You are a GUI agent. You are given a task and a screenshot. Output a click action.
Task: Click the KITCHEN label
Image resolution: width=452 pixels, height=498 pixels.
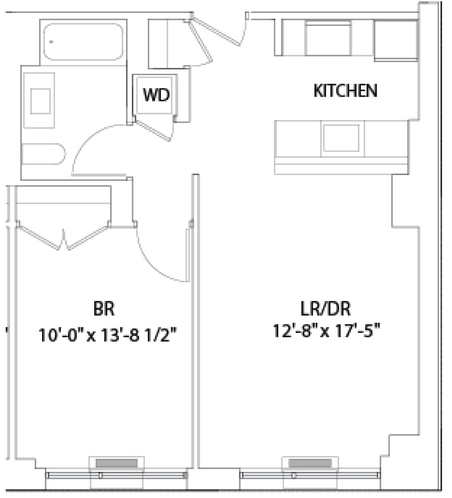pos(345,90)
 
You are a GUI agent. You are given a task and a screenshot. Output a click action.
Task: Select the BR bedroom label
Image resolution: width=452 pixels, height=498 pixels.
pos(104,309)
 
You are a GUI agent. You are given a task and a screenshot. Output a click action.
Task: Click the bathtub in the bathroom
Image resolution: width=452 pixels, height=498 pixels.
pos(83,42)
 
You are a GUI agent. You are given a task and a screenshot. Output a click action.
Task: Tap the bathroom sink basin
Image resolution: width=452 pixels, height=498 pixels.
pos(40,101)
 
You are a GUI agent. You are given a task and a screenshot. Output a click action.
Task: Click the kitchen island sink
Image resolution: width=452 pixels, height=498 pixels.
pos(341,138)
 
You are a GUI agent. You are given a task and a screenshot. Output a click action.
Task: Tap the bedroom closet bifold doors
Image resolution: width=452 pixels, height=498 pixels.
pos(64,238)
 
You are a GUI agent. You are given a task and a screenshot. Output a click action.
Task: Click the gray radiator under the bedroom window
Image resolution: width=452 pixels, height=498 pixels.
pos(116,463)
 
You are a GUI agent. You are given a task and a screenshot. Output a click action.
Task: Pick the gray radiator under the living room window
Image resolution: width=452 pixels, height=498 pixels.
pos(310,463)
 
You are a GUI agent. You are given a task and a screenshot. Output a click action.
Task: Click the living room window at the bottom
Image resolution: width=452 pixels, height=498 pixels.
pos(310,475)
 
